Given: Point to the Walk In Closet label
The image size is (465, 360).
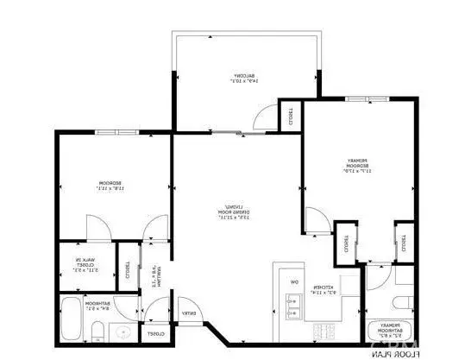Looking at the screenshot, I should click(x=84, y=266).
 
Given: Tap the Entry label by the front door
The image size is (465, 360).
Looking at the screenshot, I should click(x=186, y=314).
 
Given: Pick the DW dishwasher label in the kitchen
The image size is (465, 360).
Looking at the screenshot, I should click(x=293, y=282).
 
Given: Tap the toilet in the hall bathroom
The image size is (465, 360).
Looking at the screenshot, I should click(x=99, y=332).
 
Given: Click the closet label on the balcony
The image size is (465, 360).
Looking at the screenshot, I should click(x=291, y=117).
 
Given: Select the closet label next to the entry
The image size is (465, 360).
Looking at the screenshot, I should click(x=154, y=333).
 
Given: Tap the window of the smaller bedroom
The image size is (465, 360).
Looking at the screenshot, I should click(x=114, y=132).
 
